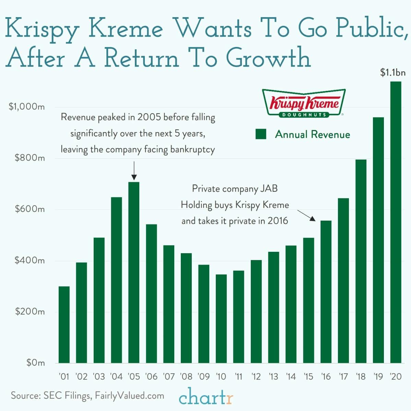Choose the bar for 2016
point(326,292)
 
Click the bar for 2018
point(361,261)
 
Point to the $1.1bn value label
point(393,73)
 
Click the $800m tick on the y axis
point(30,158)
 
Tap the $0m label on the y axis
point(35,363)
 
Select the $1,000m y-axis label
point(27,107)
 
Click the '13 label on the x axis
point(273,376)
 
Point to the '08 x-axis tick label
point(186,376)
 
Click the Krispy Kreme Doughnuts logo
point(304,103)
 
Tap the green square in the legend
point(261,134)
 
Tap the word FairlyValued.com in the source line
point(129,396)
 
